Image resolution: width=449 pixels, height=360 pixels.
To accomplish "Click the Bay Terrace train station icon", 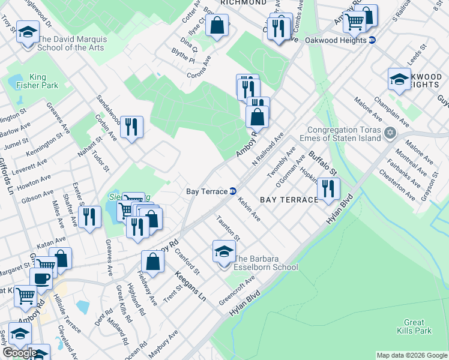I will click(232, 191).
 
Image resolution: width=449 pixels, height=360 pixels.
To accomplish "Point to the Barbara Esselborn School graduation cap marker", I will click(224, 251).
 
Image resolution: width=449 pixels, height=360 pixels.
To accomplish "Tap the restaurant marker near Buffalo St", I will click(328, 188).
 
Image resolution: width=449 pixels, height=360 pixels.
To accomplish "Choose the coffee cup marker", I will click(41, 278).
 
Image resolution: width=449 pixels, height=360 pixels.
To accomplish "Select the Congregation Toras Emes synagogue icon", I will click(390, 133).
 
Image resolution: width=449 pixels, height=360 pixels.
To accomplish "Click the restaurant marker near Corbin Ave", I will click(131, 127).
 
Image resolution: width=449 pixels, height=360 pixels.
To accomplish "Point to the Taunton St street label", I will click(229, 229).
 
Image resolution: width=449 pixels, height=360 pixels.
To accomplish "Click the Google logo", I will click(20, 353).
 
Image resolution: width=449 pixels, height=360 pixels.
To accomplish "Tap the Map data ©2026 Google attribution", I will click(411, 355).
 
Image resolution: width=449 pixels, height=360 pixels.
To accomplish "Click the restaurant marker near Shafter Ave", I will click(90, 217).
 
